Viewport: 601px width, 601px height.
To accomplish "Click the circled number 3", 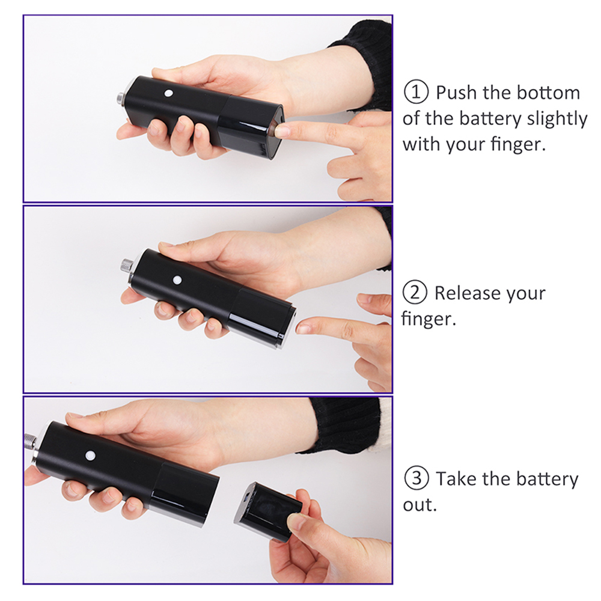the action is pos(416,478).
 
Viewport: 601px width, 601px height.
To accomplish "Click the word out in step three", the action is pos(419,505).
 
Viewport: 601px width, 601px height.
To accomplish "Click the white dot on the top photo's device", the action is pos(169,93).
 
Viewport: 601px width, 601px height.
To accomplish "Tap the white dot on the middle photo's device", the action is pos(177,280).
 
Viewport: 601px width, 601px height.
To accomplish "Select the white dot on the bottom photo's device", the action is pos(90,456).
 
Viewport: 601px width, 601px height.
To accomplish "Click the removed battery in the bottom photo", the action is pos(268,510).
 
